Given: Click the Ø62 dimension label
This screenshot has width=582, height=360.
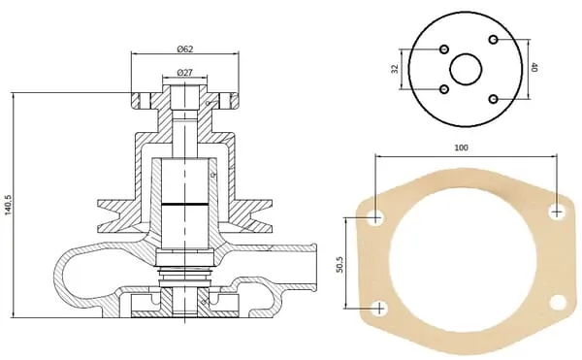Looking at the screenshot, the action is [185, 49].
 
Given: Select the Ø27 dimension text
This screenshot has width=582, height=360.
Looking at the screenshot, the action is [185, 73].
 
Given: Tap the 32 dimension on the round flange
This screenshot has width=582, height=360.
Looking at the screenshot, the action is [395, 69].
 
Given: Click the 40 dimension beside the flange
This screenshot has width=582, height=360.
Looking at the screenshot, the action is [534, 67].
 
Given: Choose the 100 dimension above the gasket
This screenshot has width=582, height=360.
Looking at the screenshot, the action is [461, 147].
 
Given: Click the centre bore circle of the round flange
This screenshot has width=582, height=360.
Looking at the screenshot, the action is [466, 69].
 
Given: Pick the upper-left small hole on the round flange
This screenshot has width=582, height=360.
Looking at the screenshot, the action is [444, 49].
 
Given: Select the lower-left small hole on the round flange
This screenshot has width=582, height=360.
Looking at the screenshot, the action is [444, 89].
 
